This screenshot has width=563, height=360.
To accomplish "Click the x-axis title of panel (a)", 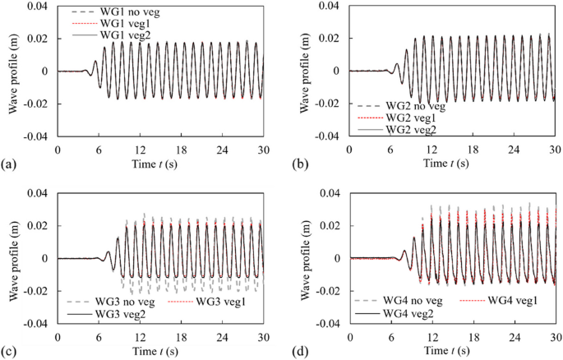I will pyautogui.click(x=161, y=165).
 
